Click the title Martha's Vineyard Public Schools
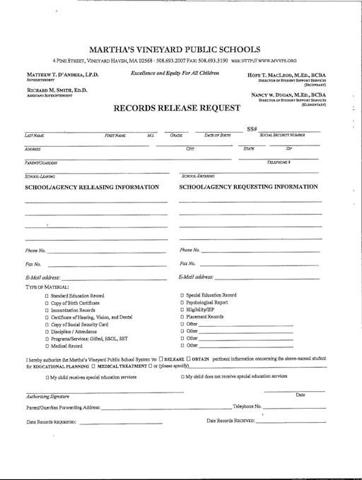click(x=174, y=49)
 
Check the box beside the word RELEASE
click(x=162, y=359)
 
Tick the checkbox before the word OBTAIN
click(x=189, y=359)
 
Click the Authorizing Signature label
click(x=43, y=397)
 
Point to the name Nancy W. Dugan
click(x=288, y=94)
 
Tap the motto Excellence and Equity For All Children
click(x=175, y=73)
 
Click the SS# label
click(x=252, y=128)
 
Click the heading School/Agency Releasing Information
click(x=92, y=187)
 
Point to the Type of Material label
click(x=47, y=287)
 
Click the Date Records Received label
click(x=230, y=421)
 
